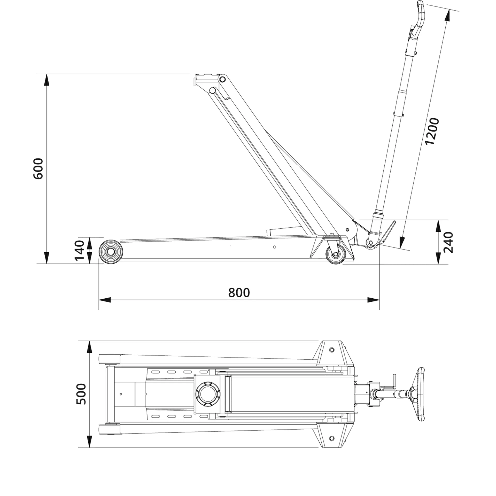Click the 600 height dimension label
[x=38, y=169]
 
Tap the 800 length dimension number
[x=239, y=293]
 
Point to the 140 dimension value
[x=80, y=250]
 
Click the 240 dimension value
[x=448, y=242]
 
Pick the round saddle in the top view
[x=208, y=394]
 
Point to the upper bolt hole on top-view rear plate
[x=332, y=350]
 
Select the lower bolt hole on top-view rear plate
[x=332, y=438]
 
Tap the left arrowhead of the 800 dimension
[x=105, y=300]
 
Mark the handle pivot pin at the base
[x=371, y=242]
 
